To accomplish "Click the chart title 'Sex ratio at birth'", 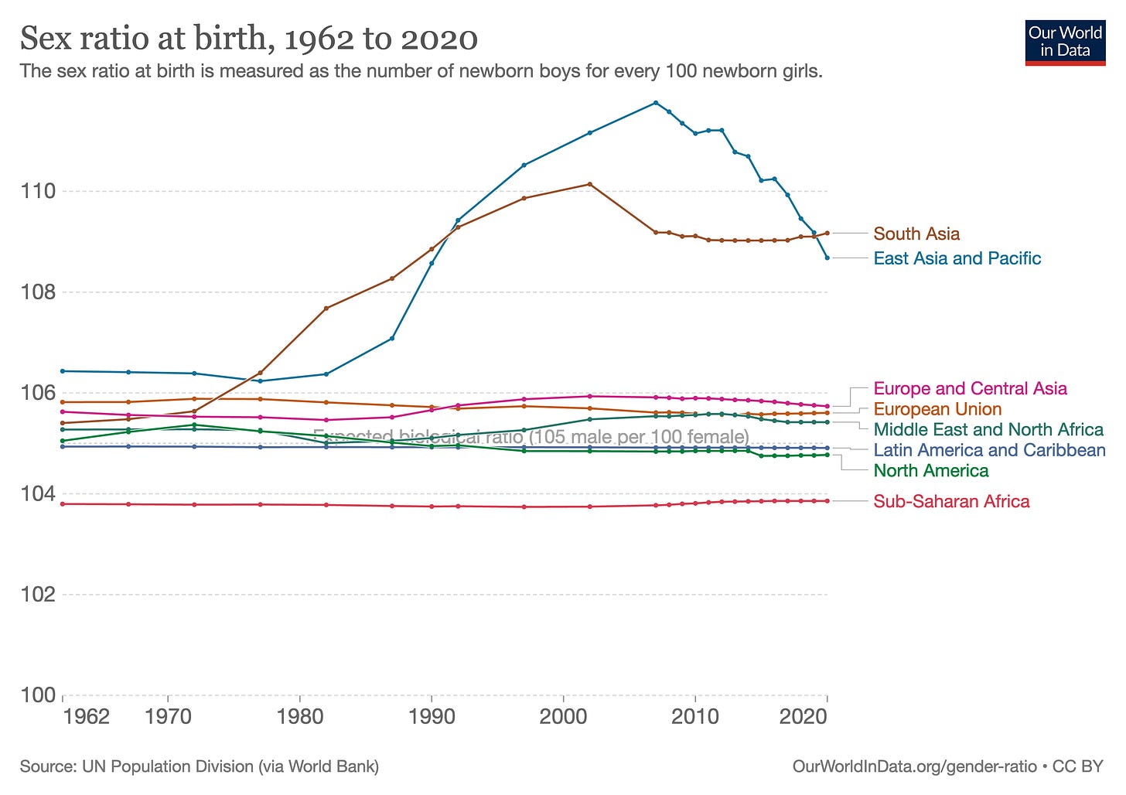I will click(248, 38).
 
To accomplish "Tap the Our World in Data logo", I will click(1065, 42).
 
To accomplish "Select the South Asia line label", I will click(916, 234).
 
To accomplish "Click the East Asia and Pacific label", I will click(957, 258).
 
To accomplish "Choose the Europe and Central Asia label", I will click(970, 388).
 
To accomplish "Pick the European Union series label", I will click(937, 409).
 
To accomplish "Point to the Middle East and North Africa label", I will click(988, 429).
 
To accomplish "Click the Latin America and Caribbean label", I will click(989, 450).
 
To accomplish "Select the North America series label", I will click(931, 470).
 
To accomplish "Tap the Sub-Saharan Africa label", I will click(951, 501).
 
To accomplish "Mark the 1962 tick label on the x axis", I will click(87, 716).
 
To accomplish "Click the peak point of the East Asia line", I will click(656, 103).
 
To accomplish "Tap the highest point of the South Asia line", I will click(590, 184).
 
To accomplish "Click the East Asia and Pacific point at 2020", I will click(827, 258).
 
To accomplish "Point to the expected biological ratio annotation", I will click(531, 437).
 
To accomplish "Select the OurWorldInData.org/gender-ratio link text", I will click(914, 766).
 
